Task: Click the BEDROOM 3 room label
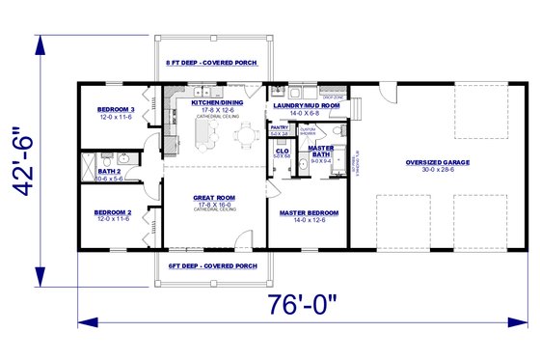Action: tap(116, 111)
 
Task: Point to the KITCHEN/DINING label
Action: tap(215, 102)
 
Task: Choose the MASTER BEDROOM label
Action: tap(307, 211)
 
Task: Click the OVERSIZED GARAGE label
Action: tap(437, 162)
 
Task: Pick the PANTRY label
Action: tap(280, 126)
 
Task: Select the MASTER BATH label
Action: tap(321, 151)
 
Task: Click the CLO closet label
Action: tap(283, 151)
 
